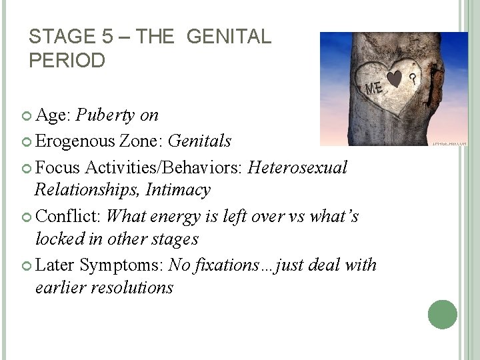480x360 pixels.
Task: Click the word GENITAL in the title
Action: tap(229, 37)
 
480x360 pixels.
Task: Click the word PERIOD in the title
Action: tap(67, 61)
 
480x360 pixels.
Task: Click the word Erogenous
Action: tap(77, 141)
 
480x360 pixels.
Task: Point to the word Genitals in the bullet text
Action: tap(200, 141)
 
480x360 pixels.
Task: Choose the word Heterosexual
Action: tap(297, 167)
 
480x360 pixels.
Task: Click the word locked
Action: tap(58, 239)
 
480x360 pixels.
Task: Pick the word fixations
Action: tap(227, 265)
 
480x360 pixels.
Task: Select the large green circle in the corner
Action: tap(443, 314)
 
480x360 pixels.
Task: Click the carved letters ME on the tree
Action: tap(375, 87)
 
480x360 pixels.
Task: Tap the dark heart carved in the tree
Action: tap(395, 79)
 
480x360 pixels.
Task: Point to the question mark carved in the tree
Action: tap(413, 79)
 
